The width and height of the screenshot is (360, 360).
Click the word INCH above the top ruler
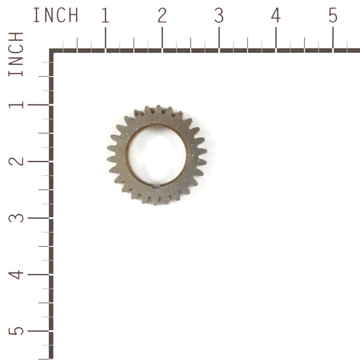pos(55,16)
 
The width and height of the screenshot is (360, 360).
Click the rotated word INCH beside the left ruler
pos(16,54)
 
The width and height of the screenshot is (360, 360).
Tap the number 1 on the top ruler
pos(105,16)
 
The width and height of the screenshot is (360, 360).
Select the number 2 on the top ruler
pos(162,16)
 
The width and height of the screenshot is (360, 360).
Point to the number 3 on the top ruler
pos(219,16)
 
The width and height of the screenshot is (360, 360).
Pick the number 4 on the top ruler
pos(275,16)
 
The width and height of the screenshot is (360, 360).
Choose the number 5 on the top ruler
pos(332,16)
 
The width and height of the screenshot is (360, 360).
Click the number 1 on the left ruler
pos(16,104)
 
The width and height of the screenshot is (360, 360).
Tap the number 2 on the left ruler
pos(16,161)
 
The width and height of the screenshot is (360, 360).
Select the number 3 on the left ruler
pos(16,217)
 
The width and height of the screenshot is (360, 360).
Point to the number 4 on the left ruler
pos(16,274)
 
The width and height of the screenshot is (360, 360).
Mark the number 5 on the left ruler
pos(16,331)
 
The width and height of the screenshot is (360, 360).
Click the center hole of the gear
pos(157,155)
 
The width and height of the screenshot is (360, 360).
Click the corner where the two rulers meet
pos(52,51)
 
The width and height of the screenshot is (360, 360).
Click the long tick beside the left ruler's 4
pos(39,274)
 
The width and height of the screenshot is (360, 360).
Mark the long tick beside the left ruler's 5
pos(39,331)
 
